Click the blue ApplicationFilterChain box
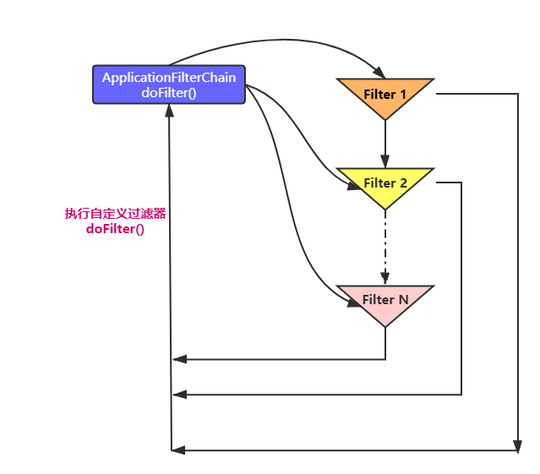coord(169,84)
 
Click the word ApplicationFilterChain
coord(169,78)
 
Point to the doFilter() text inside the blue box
coord(169,93)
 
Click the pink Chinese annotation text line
coord(115,214)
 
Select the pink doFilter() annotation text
coord(115,229)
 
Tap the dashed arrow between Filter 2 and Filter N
coord(385,245)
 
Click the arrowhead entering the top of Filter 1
coord(377,72)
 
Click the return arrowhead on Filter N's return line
coord(178,360)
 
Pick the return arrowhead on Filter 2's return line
coord(178,395)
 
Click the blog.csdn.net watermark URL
coord(428,458)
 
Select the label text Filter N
coord(385,299)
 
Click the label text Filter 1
coord(385,94)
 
